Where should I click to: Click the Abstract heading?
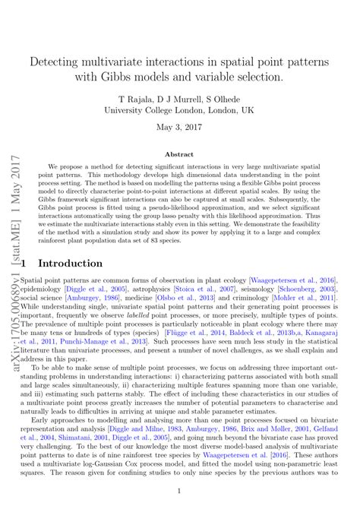click(x=180, y=153)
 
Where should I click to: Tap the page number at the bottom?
click(x=180, y=491)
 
